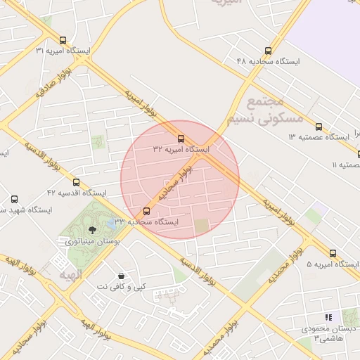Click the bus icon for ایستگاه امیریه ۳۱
point(63,40)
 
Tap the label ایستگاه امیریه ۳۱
point(63,51)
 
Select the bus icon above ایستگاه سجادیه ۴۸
point(268,51)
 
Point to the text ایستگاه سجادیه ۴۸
point(269,62)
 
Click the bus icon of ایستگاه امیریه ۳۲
point(181,139)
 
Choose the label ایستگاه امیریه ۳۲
point(181,150)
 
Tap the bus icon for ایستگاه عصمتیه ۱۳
point(319,127)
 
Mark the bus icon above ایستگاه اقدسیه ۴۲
point(76,182)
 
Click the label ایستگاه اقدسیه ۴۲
point(76,193)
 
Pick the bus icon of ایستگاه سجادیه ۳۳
point(146,211)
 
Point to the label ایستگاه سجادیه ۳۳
point(146,221)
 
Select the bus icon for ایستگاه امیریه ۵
point(333,253)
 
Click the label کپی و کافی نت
point(122,286)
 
